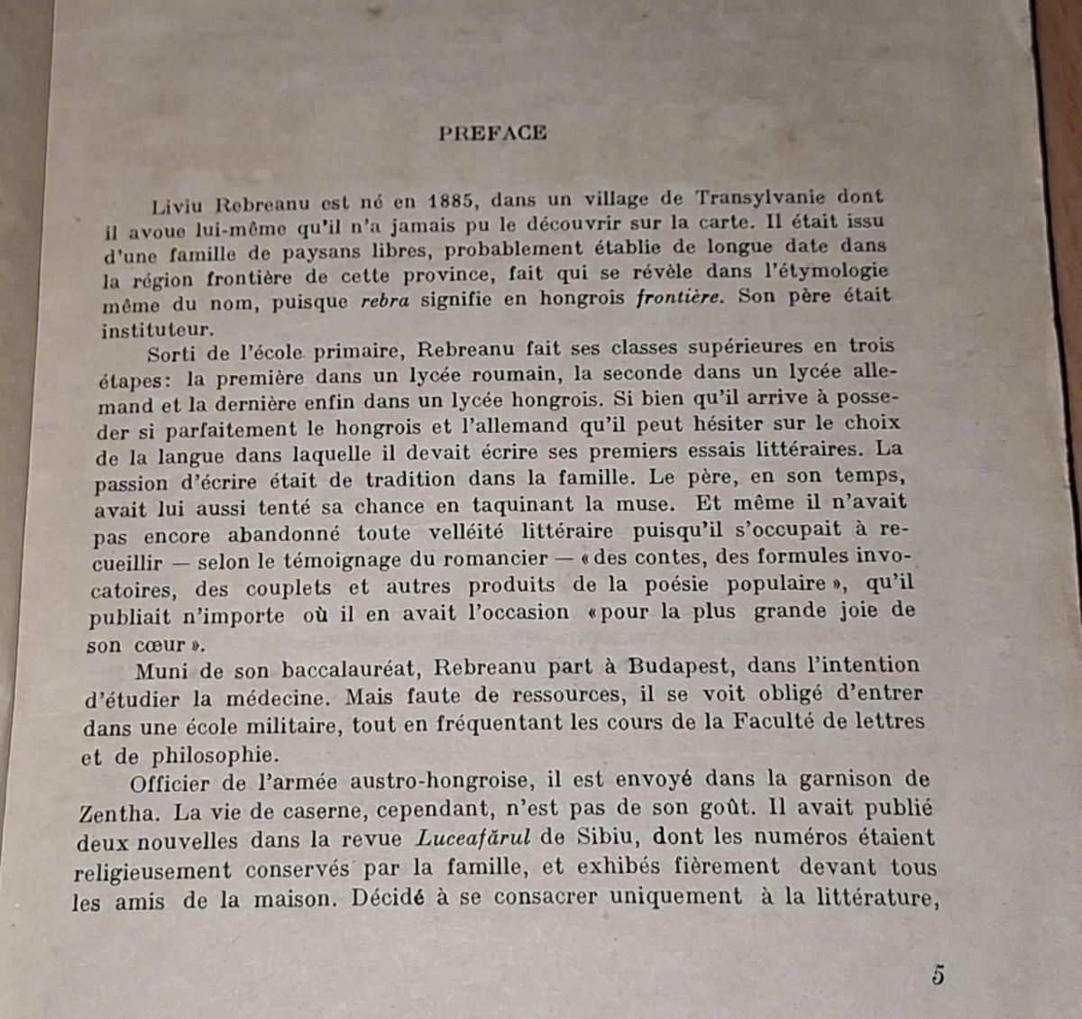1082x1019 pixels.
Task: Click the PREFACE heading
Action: coord(492,133)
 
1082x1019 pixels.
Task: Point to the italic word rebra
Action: coord(385,301)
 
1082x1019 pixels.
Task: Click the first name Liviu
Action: coord(178,207)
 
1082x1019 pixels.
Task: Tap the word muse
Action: coord(644,503)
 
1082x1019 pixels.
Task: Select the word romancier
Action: coord(497,558)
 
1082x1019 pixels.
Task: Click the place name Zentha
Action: coord(118,813)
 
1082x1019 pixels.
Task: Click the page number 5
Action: coord(938,975)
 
